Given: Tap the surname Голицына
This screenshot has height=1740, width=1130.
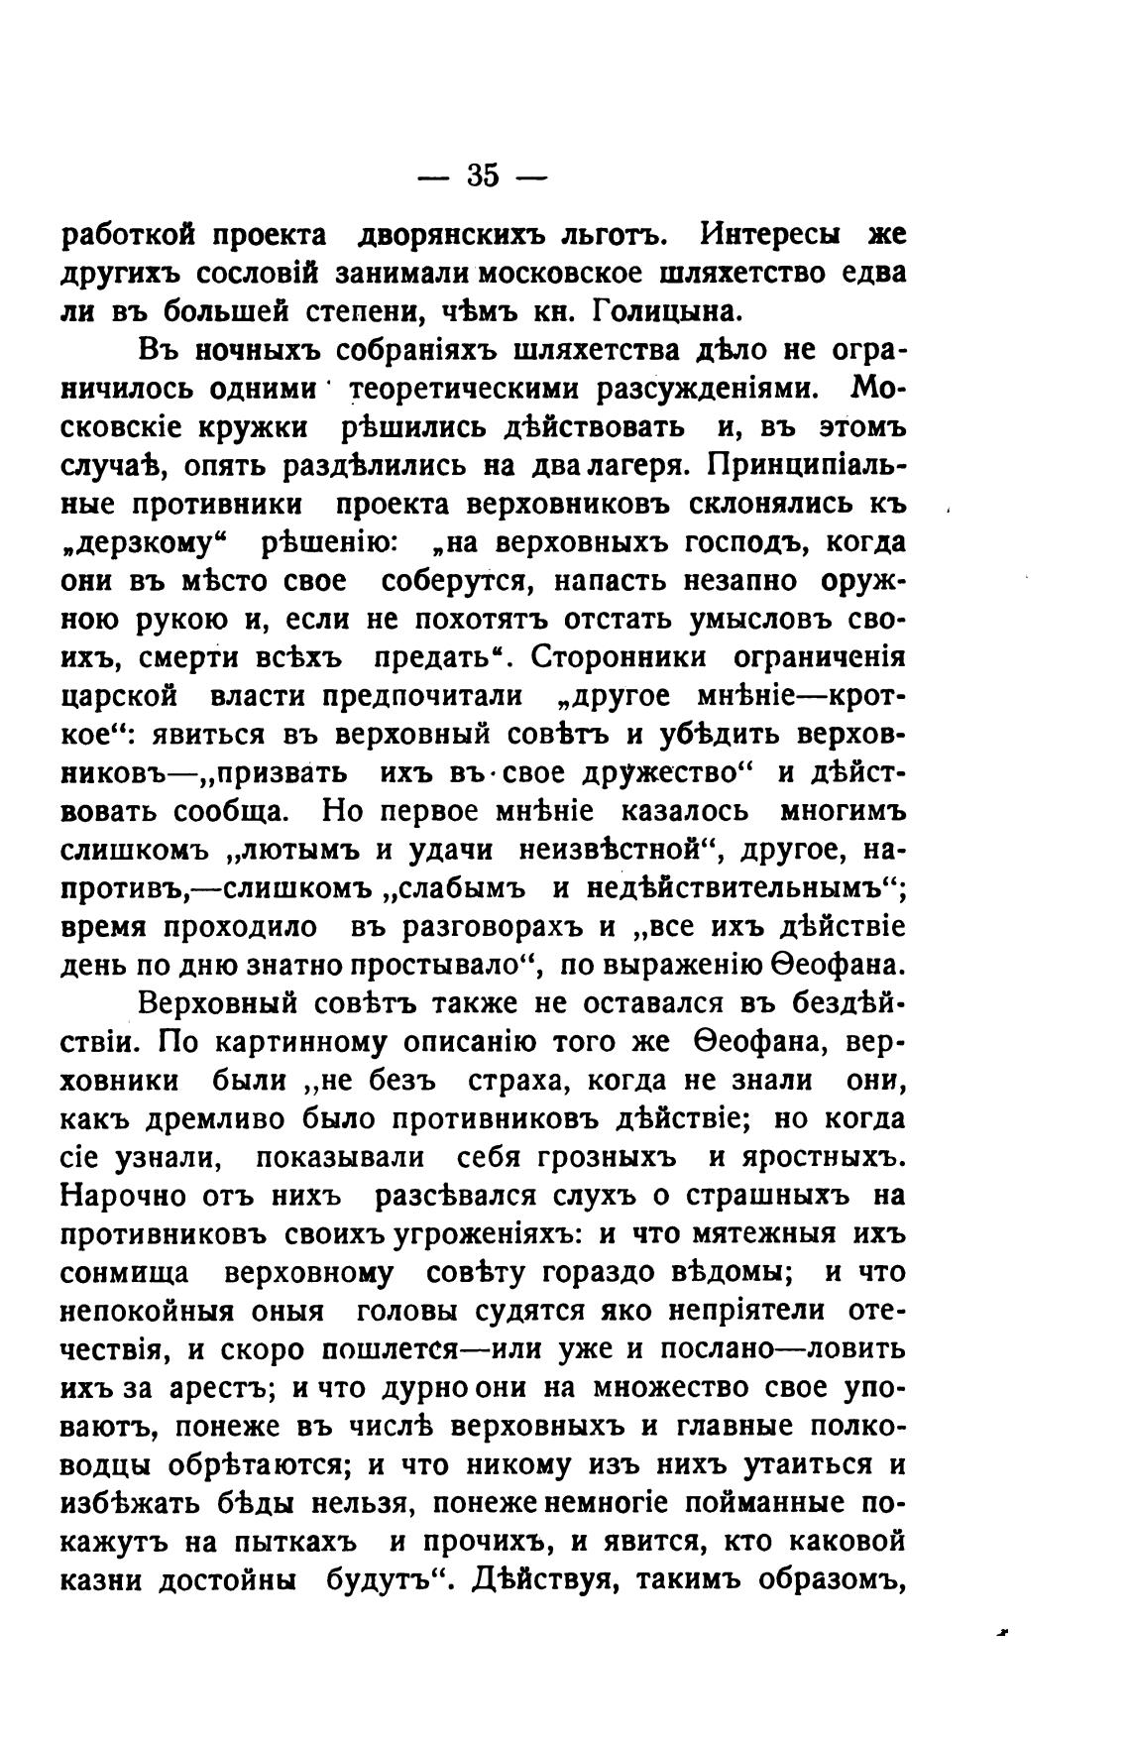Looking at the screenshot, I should (666, 313).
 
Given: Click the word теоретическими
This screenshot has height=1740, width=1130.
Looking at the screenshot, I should (464, 389).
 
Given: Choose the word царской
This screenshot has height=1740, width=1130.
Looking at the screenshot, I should (120, 696).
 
